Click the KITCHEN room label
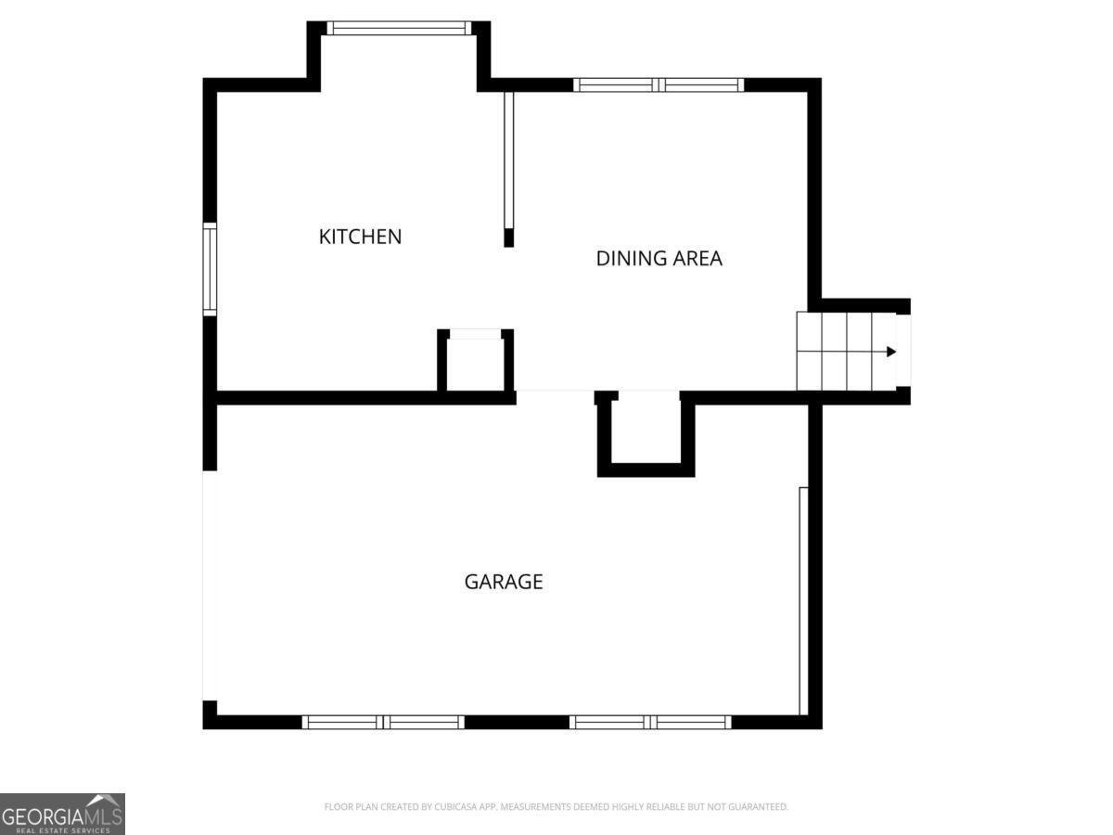tap(360, 237)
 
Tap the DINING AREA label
tap(659, 259)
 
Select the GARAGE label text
tap(504, 582)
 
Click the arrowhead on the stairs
tap(891, 352)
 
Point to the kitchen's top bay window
tap(399, 29)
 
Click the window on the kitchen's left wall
tap(210, 269)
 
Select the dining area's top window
tap(659, 84)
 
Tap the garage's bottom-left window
tap(383, 722)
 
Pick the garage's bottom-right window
tap(650, 722)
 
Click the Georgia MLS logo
tap(62, 815)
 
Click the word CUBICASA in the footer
tap(454, 806)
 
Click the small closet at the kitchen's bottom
tap(475, 362)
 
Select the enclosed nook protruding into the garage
tap(646, 434)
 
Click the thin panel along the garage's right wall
tap(803, 601)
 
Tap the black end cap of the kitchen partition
tap(508, 238)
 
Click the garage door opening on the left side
tap(210, 586)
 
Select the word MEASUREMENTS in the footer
tap(535, 806)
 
